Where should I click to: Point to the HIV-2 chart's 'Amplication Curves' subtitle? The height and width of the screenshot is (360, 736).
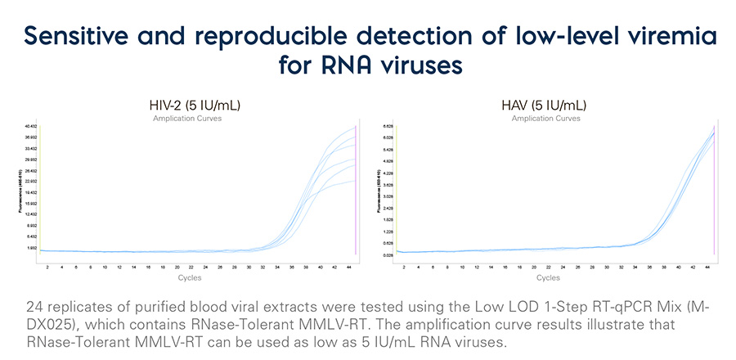187,119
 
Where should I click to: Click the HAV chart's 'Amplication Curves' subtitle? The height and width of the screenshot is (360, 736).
545,119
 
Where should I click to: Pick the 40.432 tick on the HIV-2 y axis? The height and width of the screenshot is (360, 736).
30,126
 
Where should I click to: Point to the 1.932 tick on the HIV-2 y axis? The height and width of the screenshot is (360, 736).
31,247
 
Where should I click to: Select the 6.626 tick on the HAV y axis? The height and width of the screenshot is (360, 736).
388,126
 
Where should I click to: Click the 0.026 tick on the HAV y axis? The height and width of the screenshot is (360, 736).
388,255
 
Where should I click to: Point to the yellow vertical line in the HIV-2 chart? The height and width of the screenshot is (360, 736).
39,188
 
